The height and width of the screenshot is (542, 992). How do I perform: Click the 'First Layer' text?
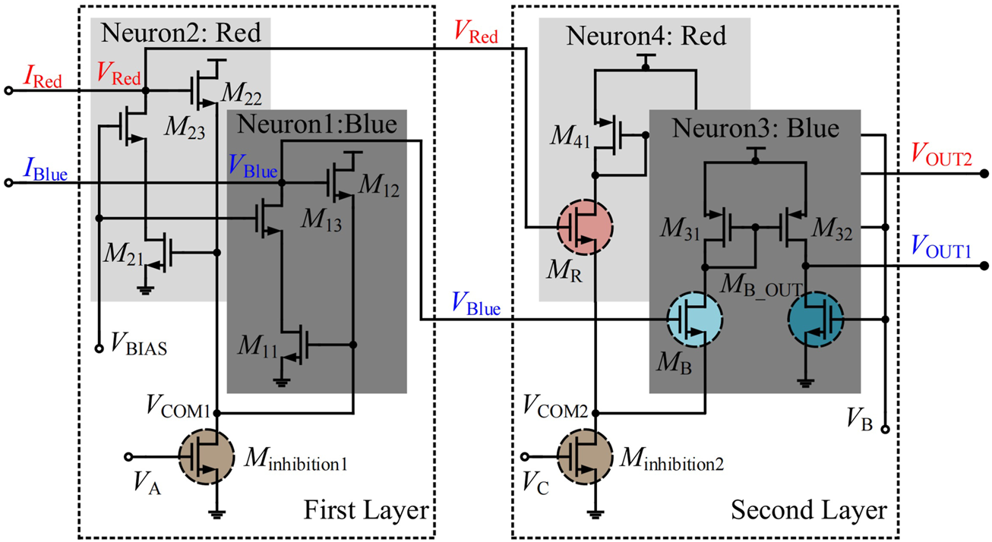366,509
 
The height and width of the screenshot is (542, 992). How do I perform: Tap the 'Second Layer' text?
809,509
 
